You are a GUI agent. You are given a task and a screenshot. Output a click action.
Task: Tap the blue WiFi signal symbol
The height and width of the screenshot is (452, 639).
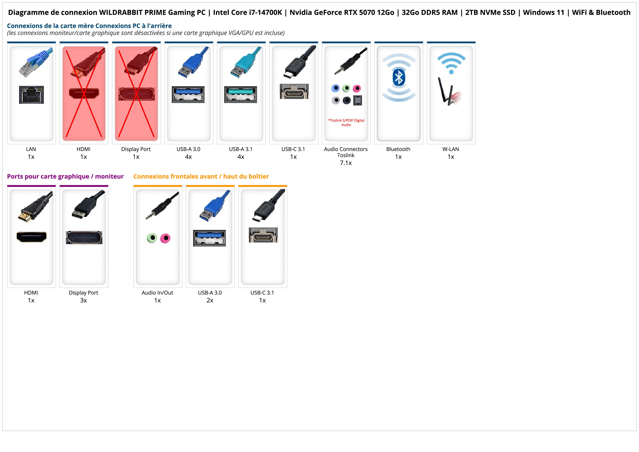point(451,63)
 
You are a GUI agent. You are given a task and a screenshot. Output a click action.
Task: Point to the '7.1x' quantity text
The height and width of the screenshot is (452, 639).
point(346,163)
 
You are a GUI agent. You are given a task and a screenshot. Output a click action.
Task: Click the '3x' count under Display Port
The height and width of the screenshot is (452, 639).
point(83,300)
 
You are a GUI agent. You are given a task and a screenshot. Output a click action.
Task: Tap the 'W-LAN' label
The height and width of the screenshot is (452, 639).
point(451,149)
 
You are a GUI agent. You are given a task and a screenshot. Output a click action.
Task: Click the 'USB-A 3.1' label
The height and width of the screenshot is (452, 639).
point(241,149)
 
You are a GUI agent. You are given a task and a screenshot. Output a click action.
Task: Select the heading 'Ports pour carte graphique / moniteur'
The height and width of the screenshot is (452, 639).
point(65,176)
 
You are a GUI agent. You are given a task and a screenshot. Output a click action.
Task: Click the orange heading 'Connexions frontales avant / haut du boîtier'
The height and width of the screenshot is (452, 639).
point(201,176)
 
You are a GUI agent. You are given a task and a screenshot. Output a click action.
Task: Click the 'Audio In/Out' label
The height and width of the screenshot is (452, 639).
point(157,293)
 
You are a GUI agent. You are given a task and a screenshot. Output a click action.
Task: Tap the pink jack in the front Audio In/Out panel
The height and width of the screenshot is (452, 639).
point(166,238)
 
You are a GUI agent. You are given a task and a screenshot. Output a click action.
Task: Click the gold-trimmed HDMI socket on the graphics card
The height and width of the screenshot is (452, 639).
point(32,237)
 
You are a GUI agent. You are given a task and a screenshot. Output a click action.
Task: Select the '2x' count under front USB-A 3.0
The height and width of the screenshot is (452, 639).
point(210,300)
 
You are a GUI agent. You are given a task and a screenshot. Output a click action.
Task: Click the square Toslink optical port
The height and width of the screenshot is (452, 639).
point(357,100)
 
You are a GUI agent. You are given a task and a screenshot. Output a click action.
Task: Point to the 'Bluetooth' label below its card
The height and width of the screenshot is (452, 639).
point(398,149)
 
